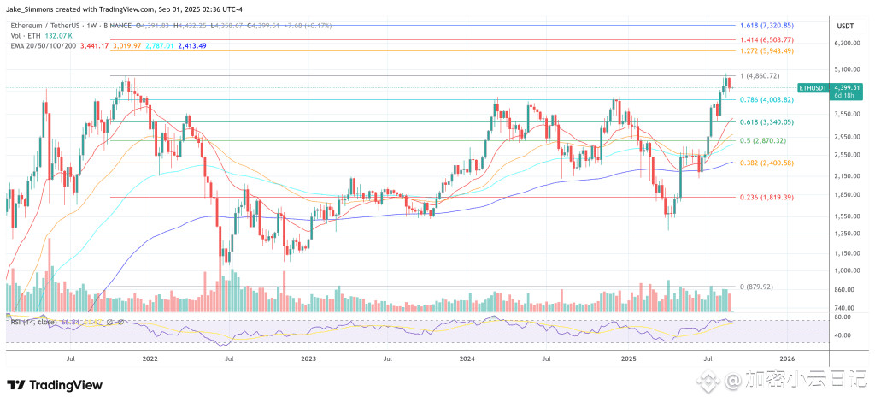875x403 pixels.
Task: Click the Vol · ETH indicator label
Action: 26,36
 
